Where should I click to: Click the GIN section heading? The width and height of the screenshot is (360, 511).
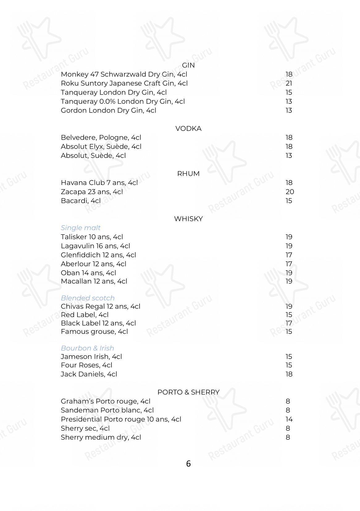(x=188, y=65)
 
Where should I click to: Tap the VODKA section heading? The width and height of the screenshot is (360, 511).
(x=188, y=129)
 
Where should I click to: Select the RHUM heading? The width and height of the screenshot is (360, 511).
(x=188, y=174)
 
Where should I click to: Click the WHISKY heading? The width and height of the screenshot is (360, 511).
(x=188, y=219)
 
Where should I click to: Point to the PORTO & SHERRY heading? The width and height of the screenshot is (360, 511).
(x=188, y=392)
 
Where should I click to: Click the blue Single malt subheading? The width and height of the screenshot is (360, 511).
(x=81, y=228)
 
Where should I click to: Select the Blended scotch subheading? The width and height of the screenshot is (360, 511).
(x=88, y=298)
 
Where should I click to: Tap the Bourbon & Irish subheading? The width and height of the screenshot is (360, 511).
(x=87, y=348)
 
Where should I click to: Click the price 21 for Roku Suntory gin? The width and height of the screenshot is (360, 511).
(x=289, y=83)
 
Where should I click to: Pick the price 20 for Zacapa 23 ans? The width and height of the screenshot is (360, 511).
(x=290, y=192)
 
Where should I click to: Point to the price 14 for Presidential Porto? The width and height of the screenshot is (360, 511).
(x=289, y=419)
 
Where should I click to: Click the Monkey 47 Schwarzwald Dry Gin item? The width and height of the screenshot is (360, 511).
(x=124, y=74)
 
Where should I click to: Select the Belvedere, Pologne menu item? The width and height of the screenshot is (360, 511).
(x=101, y=137)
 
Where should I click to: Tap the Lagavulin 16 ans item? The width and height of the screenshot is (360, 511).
(x=95, y=246)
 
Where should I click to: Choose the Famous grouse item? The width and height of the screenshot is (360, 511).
(x=94, y=332)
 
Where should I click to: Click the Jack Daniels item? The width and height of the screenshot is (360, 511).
(x=89, y=374)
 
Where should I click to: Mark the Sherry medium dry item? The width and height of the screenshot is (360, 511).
(x=101, y=437)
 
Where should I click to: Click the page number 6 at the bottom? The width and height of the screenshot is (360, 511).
(x=188, y=463)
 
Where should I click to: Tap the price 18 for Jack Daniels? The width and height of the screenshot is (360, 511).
(x=289, y=374)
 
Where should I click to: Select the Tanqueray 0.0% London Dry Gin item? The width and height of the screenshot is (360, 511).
(x=123, y=101)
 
